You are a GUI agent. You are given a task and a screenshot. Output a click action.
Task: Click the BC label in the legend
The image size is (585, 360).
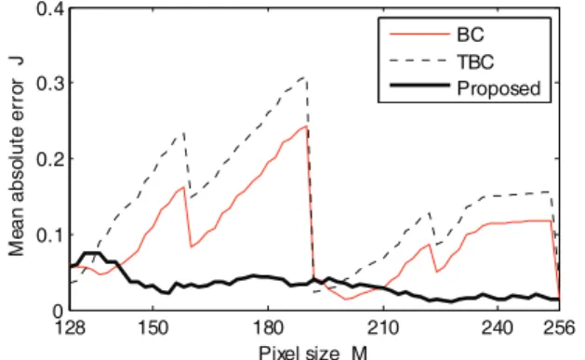pyautogui.click(x=470, y=34)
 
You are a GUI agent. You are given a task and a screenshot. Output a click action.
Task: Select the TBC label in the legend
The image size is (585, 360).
pyautogui.click(x=475, y=61)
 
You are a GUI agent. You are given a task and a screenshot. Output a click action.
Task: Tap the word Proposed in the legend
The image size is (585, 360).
pyautogui.click(x=499, y=88)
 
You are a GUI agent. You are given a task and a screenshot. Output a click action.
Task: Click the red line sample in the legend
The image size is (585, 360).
pyautogui.click(x=419, y=34)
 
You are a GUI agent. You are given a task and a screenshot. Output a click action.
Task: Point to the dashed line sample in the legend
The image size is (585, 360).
pyautogui.click(x=419, y=60)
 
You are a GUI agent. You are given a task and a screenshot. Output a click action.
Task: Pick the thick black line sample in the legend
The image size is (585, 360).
pyautogui.click(x=419, y=86)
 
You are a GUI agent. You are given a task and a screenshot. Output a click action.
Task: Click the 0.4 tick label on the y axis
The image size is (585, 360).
pyautogui.click(x=51, y=8)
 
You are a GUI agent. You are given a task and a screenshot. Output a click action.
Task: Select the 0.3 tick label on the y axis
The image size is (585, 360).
pyautogui.click(x=51, y=83)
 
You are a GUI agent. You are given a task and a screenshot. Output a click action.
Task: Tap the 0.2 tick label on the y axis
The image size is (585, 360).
pyautogui.click(x=51, y=159)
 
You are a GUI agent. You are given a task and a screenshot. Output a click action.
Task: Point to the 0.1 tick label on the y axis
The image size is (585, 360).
pyautogui.click(x=51, y=234)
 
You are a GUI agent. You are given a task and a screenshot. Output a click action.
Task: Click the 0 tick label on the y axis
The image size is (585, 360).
pyautogui.click(x=59, y=311)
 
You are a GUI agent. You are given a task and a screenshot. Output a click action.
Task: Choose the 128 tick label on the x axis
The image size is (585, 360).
pyautogui.click(x=70, y=328)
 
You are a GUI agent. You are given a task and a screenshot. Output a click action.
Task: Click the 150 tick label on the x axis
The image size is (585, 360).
pyautogui.click(x=153, y=328)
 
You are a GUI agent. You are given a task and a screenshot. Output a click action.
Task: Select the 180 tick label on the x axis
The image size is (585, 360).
pyautogui.click(x=268, y=328)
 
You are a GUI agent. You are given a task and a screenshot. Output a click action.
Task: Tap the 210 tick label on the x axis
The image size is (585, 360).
pyautogui.click(x=383, y=328)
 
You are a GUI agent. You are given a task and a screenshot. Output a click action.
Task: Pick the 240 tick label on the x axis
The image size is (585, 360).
pyautogui.click(x=499, y=328)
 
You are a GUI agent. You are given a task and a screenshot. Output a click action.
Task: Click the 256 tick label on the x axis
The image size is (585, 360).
pyautogui.click(x=560, y=328)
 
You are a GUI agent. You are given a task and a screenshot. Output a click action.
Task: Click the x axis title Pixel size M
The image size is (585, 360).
pyautogui.click(x=313, y=353)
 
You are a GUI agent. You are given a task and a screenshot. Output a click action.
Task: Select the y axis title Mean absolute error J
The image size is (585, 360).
pyautogui.click(x=17, y=156)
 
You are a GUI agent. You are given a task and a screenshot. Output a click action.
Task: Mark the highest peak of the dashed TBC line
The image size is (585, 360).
pyautogui.click(x=305, y=77)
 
